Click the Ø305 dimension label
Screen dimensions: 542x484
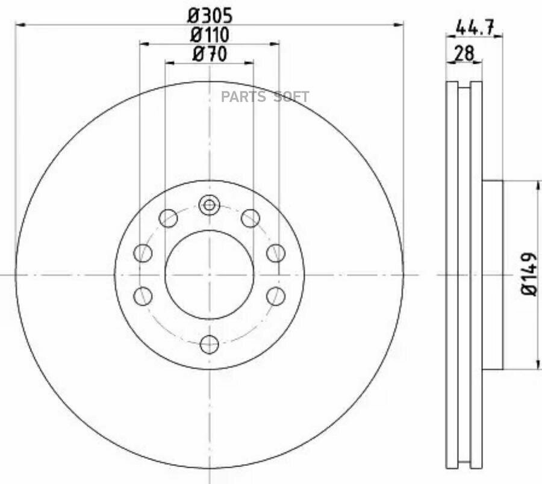210,16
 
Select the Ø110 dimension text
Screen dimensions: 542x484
210,34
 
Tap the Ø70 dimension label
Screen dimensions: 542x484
210,54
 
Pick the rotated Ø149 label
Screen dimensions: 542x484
529,275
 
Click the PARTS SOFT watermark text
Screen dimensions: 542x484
265,97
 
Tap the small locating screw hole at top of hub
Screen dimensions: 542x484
209,205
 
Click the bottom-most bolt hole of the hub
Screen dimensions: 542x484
210,344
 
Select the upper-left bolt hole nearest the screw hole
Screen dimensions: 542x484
168,218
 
